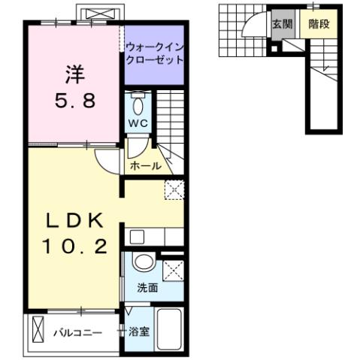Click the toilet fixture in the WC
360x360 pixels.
tap(138, 103)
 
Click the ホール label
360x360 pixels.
tap(144, 165)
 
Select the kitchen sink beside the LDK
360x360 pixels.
tap(136, 237)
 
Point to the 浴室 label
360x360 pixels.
tap(138, 331)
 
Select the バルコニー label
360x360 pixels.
tap(77, 331)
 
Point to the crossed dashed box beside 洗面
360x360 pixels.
tap(173, 269)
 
